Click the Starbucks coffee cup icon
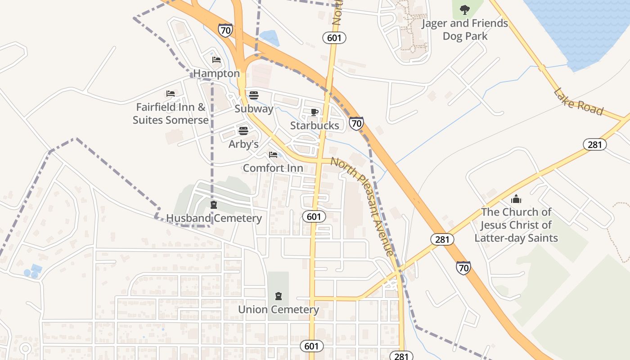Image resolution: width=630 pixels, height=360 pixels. tap(315, 112)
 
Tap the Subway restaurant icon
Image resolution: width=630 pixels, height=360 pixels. tap(254, 95)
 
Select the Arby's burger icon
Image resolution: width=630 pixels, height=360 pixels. tap(243, 131)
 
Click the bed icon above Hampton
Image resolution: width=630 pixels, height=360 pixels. tap(216, 60)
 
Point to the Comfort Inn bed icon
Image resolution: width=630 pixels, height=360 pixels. tap(273, 155)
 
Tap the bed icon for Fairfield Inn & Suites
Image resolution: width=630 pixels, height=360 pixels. tap(171, 94)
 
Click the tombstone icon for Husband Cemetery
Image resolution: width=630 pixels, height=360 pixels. tap(214, 205)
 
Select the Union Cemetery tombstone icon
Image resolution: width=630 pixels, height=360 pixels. tap(279, 296)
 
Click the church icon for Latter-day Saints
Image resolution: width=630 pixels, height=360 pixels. tap(516, 198)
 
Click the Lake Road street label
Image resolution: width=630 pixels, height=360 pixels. tap(578, 102)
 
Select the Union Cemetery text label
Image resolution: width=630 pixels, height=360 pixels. tap(279, 310)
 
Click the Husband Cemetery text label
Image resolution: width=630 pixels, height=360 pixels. tap(214, 218)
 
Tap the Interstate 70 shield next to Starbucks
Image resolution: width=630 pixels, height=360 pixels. tap(356, 123)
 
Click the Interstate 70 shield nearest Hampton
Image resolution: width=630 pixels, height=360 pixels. tap(225, 30)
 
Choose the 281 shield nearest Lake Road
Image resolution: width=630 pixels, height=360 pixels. tap(595, 144)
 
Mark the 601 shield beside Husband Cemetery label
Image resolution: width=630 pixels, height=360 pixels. tap(314, 216)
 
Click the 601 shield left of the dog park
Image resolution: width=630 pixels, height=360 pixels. tap(334, 38)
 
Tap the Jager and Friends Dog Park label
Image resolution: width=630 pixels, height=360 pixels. tap(464, 30)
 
